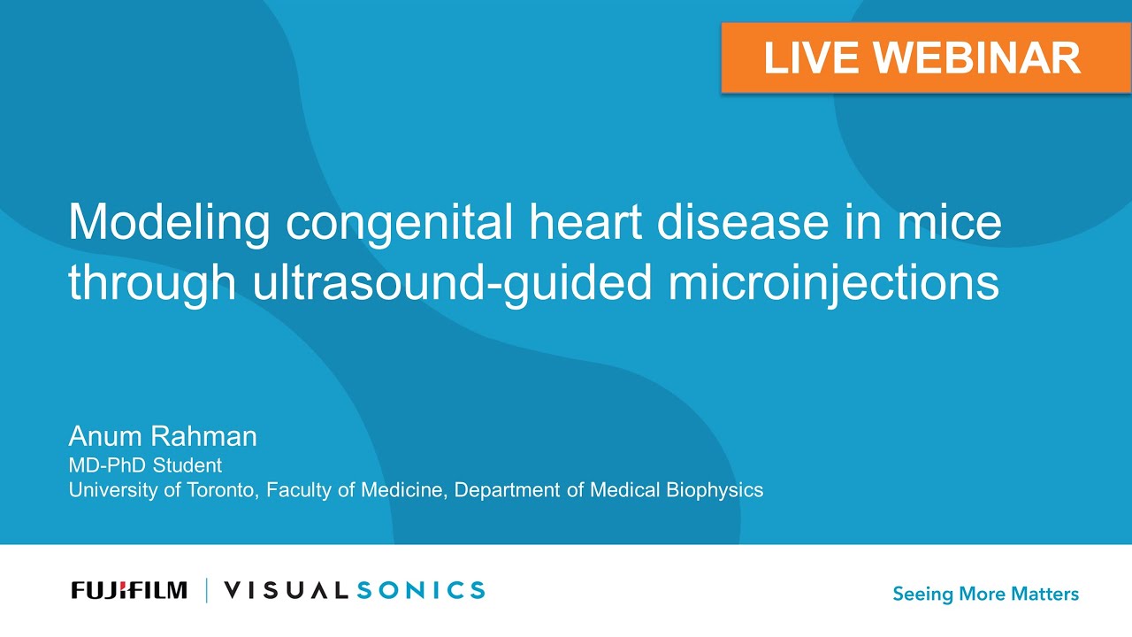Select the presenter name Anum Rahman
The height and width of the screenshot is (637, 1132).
coord(163,436)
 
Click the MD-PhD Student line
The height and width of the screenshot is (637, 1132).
coord(145,464)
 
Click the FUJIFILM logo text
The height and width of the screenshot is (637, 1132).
coord(129,590)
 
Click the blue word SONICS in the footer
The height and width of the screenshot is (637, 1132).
coord(421,590)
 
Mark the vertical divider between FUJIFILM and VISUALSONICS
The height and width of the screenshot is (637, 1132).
coord(206,590)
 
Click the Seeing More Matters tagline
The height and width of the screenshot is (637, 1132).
coord(985,594)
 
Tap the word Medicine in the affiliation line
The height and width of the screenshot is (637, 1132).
coord(402,489)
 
